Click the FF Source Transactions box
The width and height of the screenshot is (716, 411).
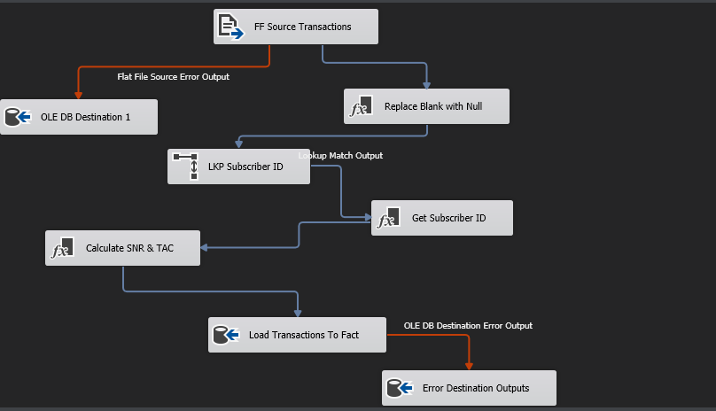pos(296,27)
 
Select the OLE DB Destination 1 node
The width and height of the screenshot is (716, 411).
pos(79,117)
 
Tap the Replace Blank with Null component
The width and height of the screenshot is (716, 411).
pos(426,106)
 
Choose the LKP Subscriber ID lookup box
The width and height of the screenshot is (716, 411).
pos(238,167)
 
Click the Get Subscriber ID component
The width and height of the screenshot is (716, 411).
pos(441,218)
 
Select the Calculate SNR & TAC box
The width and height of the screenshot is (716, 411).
pos(122,248)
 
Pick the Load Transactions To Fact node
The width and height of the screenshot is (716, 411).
pos(297,335)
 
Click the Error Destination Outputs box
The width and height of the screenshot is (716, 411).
pos(469,388)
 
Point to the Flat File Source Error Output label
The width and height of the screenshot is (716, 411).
pos(173,77)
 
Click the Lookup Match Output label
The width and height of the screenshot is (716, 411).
pos(340,156)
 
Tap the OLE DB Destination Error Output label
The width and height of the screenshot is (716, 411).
pos(468,326)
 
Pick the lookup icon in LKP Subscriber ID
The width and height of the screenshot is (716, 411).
pos(185,167)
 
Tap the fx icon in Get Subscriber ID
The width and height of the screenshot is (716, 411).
pos(388,218)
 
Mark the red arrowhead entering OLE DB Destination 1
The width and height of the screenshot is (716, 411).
pos(79,95)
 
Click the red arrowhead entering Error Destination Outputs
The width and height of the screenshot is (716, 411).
pos(469,366)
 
